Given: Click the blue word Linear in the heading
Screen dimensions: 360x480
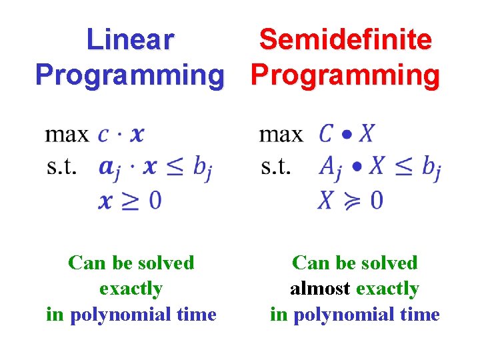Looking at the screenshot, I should [130, 40].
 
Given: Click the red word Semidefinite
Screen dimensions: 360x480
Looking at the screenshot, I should [345, 40].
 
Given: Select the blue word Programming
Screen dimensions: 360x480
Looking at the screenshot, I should [130, 75].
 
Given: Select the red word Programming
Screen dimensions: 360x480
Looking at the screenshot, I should [345, 75].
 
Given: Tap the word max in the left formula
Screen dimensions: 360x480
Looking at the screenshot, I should [67, 135].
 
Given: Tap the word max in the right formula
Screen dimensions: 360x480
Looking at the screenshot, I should [281, 135].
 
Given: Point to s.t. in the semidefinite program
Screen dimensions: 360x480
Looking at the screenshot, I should [276, 167].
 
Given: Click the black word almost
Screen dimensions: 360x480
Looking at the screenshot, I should [320, 289].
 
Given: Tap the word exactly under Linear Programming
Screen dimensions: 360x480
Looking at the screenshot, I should [131, 289].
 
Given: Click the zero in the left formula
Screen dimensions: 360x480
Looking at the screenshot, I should [155, 199].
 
